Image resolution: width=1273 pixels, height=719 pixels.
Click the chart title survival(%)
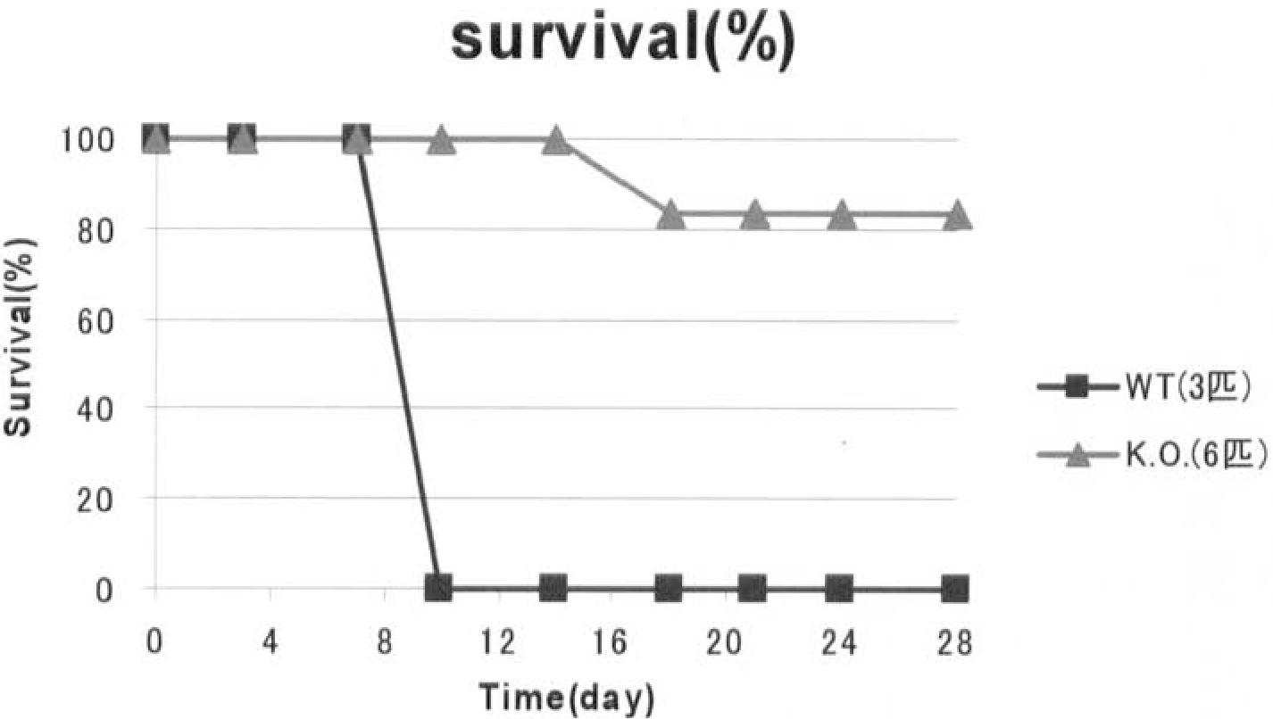click(623, 42)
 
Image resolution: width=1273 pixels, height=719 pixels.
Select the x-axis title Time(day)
click(568, 698)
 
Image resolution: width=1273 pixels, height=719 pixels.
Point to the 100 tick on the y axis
click(87, 140)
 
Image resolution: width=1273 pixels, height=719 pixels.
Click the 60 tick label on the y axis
click(96, 319)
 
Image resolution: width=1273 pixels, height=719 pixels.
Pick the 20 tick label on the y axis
click(96, 500)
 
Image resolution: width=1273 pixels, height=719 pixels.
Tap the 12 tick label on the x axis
click(498, 643)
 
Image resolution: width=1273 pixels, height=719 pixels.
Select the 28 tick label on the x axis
click(954, 643)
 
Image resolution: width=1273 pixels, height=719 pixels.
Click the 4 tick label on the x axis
click(270, 643)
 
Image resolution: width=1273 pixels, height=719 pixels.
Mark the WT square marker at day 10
click(438, 589)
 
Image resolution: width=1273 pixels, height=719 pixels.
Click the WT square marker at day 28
click(955, 590)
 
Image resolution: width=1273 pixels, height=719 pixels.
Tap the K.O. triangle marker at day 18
click(670, 215)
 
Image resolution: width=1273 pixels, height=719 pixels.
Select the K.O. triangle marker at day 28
click(957, 215)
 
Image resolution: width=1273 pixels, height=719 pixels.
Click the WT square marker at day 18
click(669, 589)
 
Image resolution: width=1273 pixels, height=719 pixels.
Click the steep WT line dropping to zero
click(398, 364)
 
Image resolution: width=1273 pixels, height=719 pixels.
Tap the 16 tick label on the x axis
click(611, 643)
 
